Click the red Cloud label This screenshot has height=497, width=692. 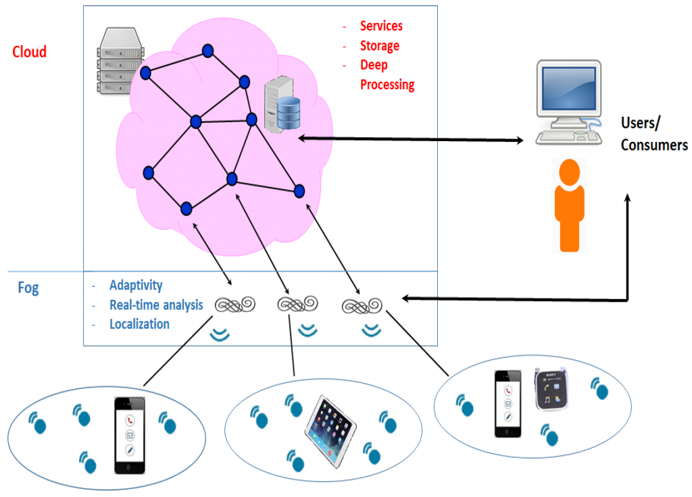point(29,52)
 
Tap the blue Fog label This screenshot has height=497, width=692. point(28,288)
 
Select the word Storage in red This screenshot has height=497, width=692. point(379,46)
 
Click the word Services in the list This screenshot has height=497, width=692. point(381,26)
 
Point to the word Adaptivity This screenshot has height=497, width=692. point(136,286)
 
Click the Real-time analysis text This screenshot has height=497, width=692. point(156,305)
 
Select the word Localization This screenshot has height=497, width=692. point(139,324)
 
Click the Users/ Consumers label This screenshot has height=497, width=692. point(653,134)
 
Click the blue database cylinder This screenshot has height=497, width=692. point(289,113)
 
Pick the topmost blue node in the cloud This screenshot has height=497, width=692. point(208,51)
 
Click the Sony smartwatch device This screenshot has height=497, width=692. point(552,390)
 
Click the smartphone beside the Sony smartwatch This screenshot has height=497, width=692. point(508,403)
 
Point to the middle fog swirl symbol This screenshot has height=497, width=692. point(298,305)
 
